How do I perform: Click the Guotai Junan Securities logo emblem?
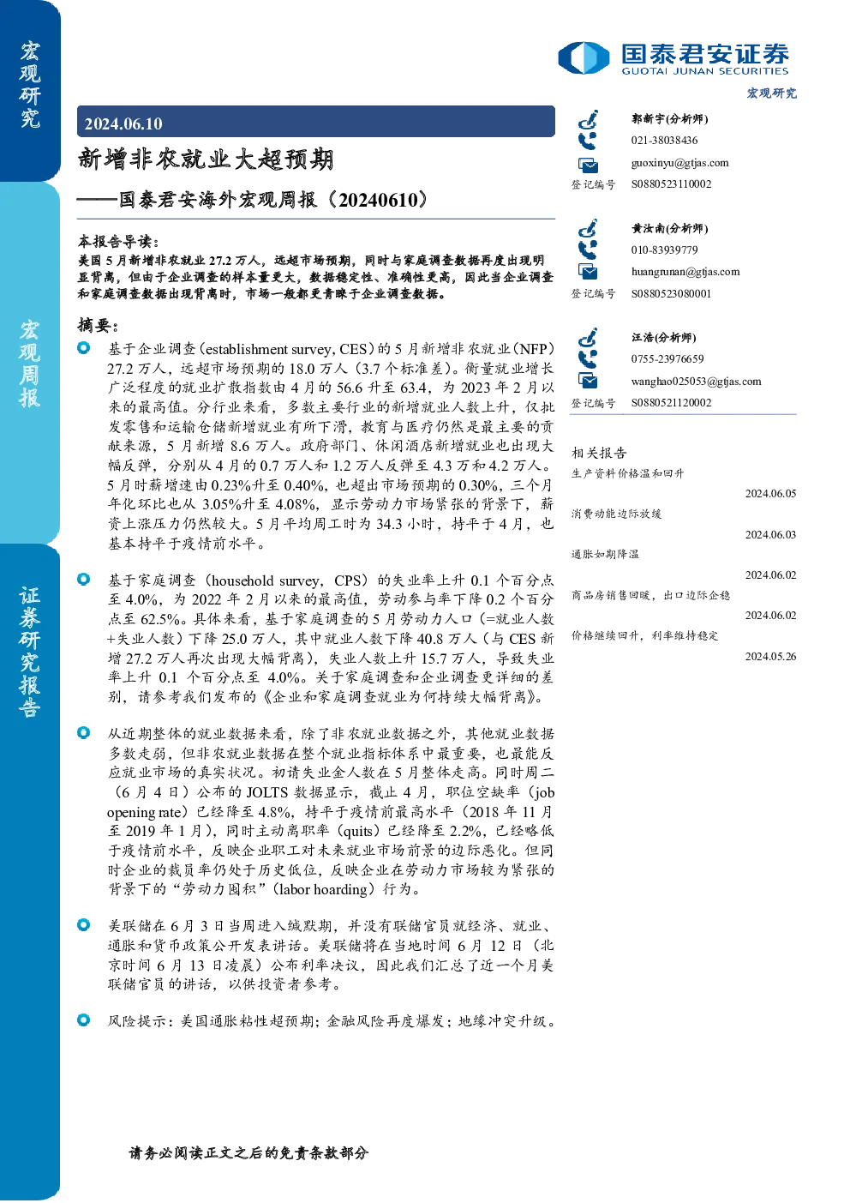tap(584, 57)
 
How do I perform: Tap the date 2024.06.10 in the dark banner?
tap(123, 123)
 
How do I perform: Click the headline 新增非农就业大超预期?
tap(206, 159)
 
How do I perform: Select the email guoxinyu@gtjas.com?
tap(679, 163)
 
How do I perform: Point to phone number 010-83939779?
tap(664, 250)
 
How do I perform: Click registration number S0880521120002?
tap(671, 403)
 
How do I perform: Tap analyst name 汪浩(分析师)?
tap(663, 337)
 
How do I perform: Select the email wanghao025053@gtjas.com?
tap(696, 382)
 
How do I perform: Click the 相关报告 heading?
tap(599, 453)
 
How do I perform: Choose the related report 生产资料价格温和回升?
tap(627, 473)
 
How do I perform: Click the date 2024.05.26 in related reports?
tap(770, 656)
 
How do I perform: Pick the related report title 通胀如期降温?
tap(605, 554)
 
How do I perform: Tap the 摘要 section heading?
tap(98, 326)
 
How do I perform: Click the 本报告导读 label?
tap(118, 241)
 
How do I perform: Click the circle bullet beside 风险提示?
tap(84, 1020)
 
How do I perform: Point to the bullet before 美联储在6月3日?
tap(84, 925)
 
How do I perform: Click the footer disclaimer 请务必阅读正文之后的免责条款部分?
tap(248, 1153)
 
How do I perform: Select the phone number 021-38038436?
tap(664, 140)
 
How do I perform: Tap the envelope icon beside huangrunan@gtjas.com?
tap(588, 272)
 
